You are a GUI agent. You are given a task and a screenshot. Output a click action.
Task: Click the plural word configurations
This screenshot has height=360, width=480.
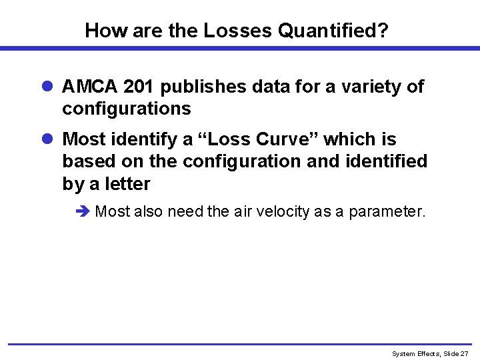click(127, 108)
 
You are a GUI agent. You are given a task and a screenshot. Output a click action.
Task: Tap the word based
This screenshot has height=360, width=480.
click(84, 161)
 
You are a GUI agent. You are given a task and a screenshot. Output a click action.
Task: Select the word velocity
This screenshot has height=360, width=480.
click(267, 212)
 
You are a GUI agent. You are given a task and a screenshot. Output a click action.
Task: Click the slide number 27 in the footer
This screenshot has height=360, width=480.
click(465, 353)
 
